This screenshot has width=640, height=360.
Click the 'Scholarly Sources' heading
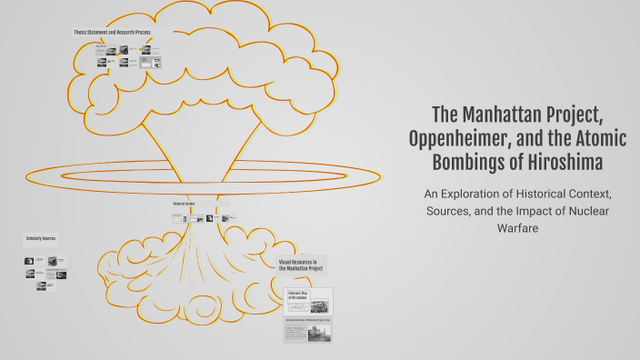[x=41, y=241]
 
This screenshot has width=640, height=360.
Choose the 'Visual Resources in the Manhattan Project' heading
[x=302, y=265]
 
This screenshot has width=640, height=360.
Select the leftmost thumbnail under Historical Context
[x=177, y=218]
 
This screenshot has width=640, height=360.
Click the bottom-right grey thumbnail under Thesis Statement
[x=157, y=64]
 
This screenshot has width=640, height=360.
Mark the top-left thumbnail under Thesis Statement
[x=101, y=50]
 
